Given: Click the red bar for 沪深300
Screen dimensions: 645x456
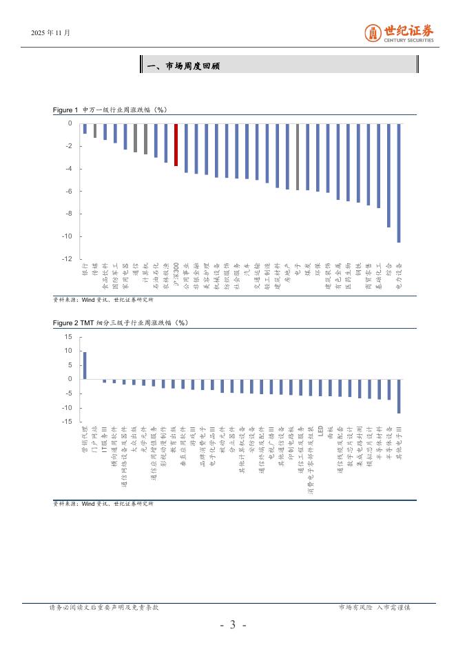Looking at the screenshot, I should (176, 145).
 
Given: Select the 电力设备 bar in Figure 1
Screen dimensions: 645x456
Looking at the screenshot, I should (399, 183).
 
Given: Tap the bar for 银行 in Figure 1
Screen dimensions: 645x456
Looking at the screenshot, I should (85, 129).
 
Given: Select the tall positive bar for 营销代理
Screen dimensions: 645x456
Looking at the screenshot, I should (85, 365).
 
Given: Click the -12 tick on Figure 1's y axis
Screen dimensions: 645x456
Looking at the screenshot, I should (68, 259).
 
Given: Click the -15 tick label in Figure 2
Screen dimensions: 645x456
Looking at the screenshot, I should (67, 422).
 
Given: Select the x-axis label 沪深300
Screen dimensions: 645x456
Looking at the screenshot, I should (176, 273).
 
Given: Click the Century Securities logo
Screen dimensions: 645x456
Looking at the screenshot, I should (400, 32).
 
